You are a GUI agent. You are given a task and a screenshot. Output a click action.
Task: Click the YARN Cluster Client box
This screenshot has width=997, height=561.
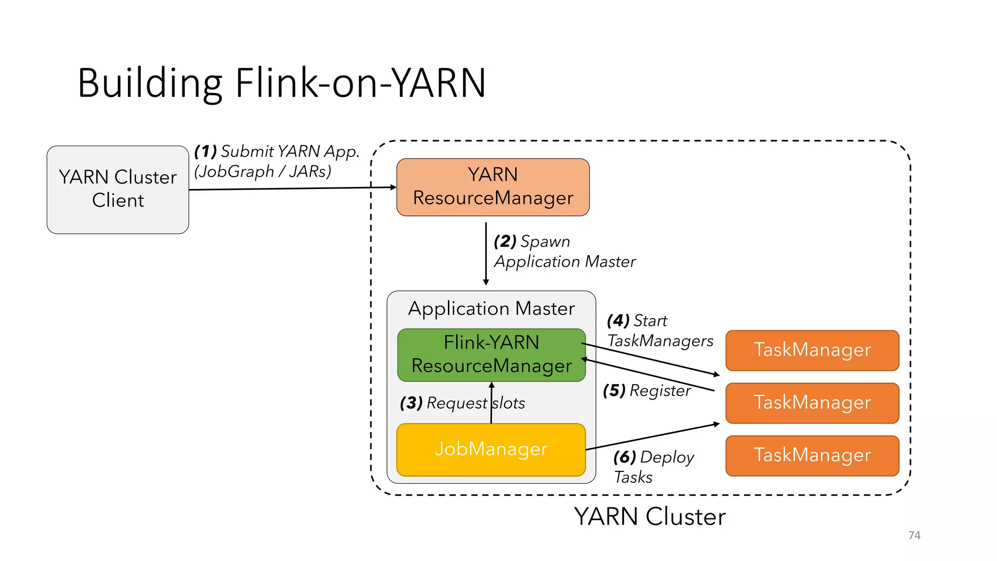[x=118, y=189]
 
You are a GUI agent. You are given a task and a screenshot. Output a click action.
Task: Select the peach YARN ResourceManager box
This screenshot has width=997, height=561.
[x=493, y=187]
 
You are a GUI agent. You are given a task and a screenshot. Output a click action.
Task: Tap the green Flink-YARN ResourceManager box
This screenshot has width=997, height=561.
[x=491, y=355]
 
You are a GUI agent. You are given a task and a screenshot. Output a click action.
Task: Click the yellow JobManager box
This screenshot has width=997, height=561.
[x=491, y=449]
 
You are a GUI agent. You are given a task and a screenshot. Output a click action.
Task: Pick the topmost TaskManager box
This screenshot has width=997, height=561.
[x=812, y=350]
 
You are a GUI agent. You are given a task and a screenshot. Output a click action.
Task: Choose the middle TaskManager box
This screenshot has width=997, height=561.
[x=812, y=403]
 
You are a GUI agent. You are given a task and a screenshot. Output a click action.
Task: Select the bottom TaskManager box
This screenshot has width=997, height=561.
[x=812, y=455]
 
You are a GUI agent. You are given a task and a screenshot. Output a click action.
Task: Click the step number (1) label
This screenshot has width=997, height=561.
[x=205, y=151]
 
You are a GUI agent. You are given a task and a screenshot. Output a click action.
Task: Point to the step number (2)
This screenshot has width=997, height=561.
[x=505, y=241]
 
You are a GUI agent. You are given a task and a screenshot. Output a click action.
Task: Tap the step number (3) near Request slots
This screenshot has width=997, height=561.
[x=411, y=403]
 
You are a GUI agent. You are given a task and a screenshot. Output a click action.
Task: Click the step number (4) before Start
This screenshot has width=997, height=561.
[x=618, y=320]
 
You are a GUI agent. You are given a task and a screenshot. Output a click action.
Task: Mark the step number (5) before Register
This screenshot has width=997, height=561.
[x=614, y=390]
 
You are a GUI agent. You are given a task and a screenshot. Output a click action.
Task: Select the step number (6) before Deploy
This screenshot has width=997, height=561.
[x=625, y=457]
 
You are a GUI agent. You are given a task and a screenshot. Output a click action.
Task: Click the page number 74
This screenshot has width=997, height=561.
[x=914, y=535]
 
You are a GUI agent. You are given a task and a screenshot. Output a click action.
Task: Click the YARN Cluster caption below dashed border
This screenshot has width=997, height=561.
[x=649, y=517]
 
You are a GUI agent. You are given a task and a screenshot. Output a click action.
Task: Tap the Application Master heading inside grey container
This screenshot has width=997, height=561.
[x=491, y=309]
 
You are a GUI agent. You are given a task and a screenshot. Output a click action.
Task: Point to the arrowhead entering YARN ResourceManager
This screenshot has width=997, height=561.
[x=393, y=187]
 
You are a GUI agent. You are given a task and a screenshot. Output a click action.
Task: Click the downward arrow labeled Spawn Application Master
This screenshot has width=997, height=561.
[x=486, y=253]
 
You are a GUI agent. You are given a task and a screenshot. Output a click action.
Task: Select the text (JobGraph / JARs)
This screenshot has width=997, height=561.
[x=263, y=171]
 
